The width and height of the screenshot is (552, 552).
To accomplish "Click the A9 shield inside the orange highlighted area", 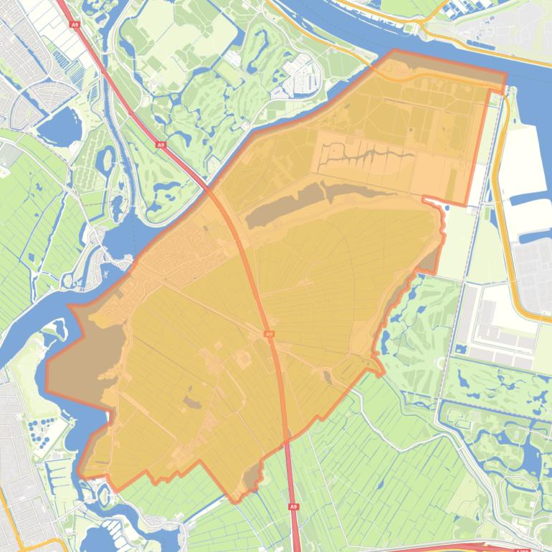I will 269,334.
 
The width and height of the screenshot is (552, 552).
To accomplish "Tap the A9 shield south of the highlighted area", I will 293,506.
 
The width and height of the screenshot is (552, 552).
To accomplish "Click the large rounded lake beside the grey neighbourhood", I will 59,127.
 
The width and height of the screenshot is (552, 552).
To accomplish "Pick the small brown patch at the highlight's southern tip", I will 251,477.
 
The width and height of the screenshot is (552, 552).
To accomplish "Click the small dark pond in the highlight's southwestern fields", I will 192,402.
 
